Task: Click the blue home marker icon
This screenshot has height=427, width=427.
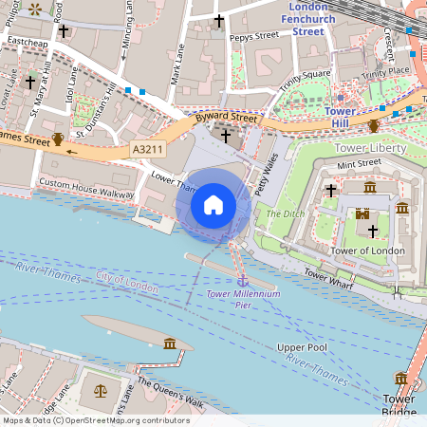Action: (x=213, y=205)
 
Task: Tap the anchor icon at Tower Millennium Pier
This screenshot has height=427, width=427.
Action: (x=242, y=281)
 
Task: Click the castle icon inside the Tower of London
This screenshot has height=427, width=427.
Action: (x=362, y=215)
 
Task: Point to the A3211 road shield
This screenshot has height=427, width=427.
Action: (x=147, y=150)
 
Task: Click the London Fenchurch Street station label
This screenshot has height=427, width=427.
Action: (x=307, y=19)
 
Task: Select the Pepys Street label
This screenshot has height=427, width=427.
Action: (x=253, y=35)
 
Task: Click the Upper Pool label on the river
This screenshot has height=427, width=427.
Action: (x=302, y=348)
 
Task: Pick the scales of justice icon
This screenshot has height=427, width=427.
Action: (x=101, y=390)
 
